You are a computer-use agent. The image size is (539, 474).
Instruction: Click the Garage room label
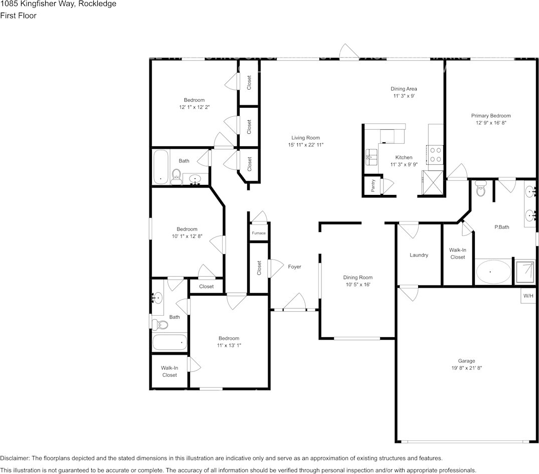pyautogui.click(x=466, y=361)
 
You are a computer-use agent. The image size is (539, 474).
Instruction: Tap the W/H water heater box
pyautogui.click(x=528, y=296)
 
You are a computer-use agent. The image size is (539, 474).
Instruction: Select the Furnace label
pyautogui.click(x=259, y=233)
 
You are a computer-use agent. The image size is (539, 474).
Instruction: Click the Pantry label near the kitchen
pyautogui.click(x=373, y=186)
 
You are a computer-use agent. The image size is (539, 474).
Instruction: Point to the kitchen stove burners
pyautogui.click(x=436, y=154)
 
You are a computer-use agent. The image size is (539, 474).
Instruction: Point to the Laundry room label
pyautogui.click(x=419, y=255)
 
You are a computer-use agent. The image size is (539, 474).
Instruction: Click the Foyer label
pyautogui.click(x=295, y=267)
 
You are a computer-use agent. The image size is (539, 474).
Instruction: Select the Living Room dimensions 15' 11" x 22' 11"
pyautogui.click(x=306, y=145)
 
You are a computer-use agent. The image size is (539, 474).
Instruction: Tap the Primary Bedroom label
pyautogui.click(x=491, y=116)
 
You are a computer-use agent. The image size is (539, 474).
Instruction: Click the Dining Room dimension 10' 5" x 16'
pyautogui.click(x=358, y=285)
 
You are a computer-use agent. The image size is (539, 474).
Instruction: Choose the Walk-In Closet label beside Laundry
pyautogui.click(x=457, y=254)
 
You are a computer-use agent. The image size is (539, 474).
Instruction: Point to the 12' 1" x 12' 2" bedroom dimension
pyautogui.click(x=194, y=107)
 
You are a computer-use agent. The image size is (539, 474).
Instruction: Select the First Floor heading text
pyautogui.click(x=18, y=16)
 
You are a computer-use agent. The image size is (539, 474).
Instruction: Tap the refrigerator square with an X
pyautogui.click(x=433, y=182)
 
